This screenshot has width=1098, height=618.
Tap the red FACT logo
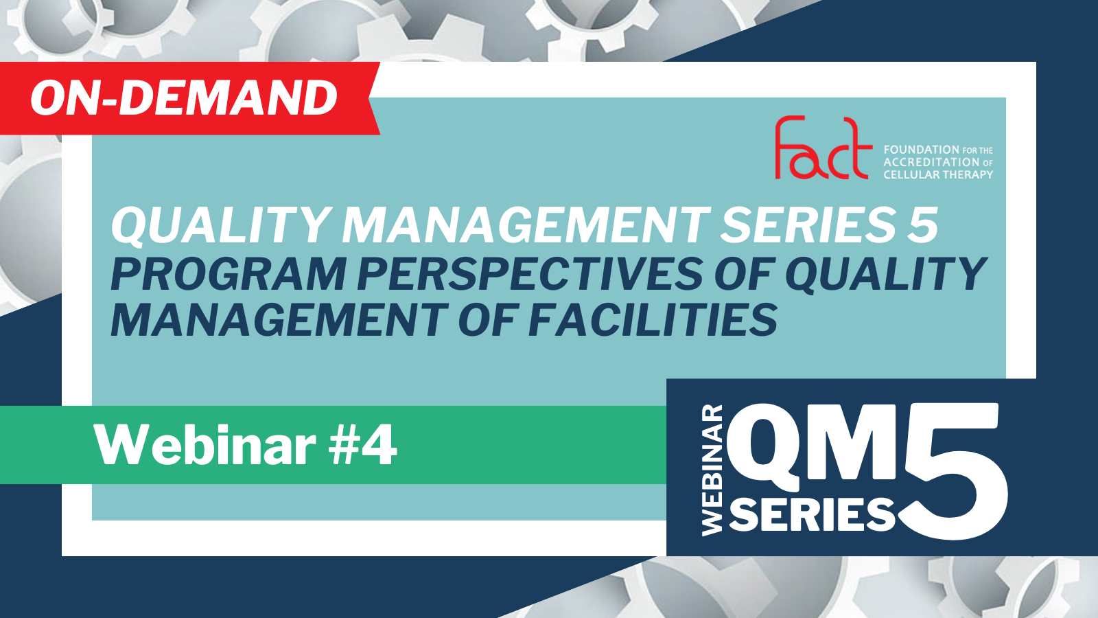tap(823, 148)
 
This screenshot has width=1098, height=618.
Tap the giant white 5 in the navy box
tap(951, 471)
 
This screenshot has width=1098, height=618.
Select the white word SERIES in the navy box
tap(813, 514)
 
